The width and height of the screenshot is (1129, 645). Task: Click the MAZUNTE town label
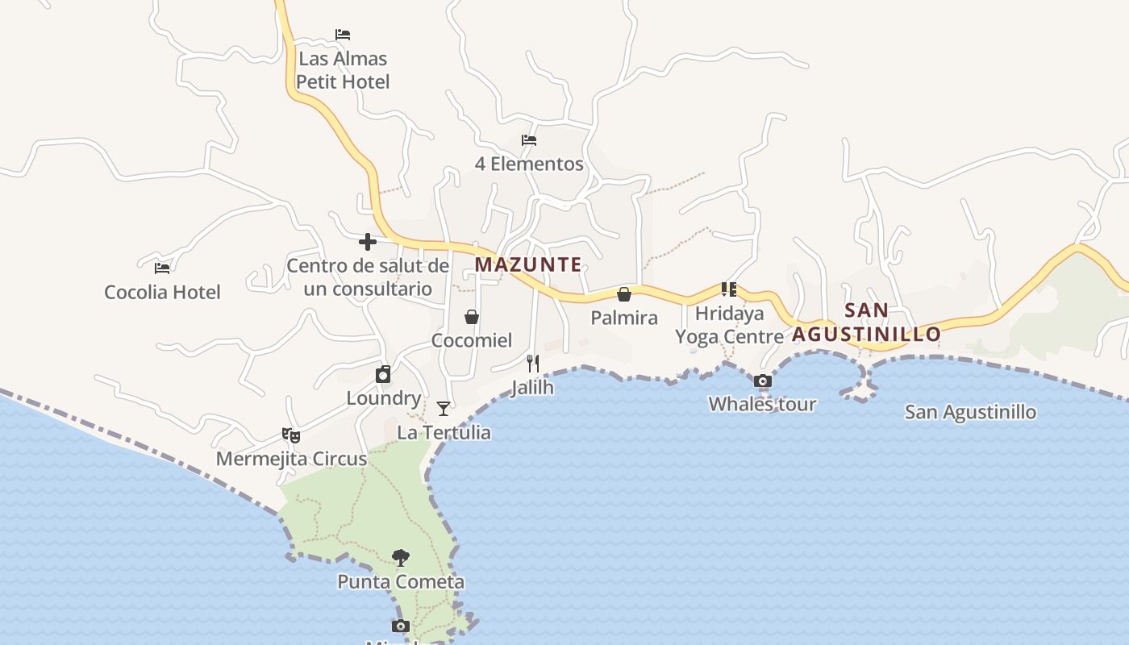[528, 264]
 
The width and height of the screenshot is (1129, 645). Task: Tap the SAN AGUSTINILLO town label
[866, 322]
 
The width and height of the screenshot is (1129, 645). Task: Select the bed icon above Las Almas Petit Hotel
[343, 35]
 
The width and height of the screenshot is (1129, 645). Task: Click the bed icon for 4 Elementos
[529, 140]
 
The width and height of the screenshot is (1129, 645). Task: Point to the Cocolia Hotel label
[162, 292]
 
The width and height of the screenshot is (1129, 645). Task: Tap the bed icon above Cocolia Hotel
[162, 268]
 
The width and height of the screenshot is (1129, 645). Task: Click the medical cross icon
[368, 242]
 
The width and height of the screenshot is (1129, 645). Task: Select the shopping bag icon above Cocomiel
[472, 317]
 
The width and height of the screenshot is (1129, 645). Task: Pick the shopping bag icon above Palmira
[624, 294]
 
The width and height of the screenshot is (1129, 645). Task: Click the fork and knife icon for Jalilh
[532, 364]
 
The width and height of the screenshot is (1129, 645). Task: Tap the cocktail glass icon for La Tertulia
[444, 409]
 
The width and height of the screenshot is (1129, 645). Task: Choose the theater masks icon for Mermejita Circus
[291, 435]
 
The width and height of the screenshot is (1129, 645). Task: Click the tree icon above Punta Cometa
[401, 557]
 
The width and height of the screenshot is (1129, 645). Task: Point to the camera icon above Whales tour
[762, 381]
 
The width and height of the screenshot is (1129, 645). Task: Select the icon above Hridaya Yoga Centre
[729, 289]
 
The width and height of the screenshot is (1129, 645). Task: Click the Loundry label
[384, 398]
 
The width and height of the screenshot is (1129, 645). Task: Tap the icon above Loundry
[383, 374]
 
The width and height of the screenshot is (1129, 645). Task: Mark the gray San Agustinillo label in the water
[970, 412]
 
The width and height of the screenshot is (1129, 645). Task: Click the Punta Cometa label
[401, 581]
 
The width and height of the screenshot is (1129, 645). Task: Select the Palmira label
[624, 318]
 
